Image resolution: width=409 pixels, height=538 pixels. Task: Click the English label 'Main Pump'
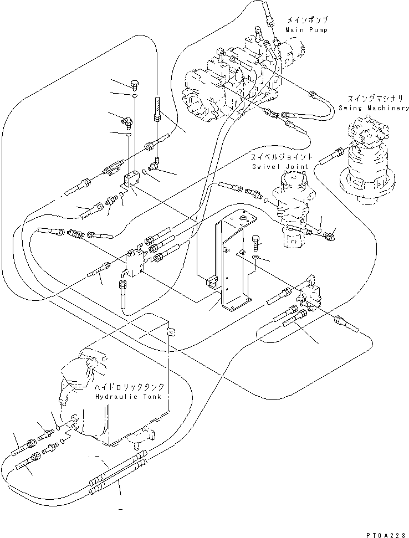pyautogui.click(x=306, y=30)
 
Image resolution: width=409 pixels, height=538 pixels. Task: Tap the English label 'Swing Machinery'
pyautogui.click(x=374, y=107)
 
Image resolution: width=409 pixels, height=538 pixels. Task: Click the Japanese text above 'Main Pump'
pyautogui.click(x=307, y=20)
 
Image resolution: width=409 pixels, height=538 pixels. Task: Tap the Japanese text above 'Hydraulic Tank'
pyautogui.click(x=129, y=387)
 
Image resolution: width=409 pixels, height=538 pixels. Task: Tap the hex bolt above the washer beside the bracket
pyautogui.click(x=256, y=243)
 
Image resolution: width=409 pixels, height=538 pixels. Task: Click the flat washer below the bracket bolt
pyautogui.click(x=256, y=257)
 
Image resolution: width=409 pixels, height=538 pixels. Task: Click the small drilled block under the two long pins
pyautogui.click(x=131, y=179)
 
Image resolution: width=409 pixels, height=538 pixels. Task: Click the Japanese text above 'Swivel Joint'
pyautogui.click(x=282, y=157)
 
